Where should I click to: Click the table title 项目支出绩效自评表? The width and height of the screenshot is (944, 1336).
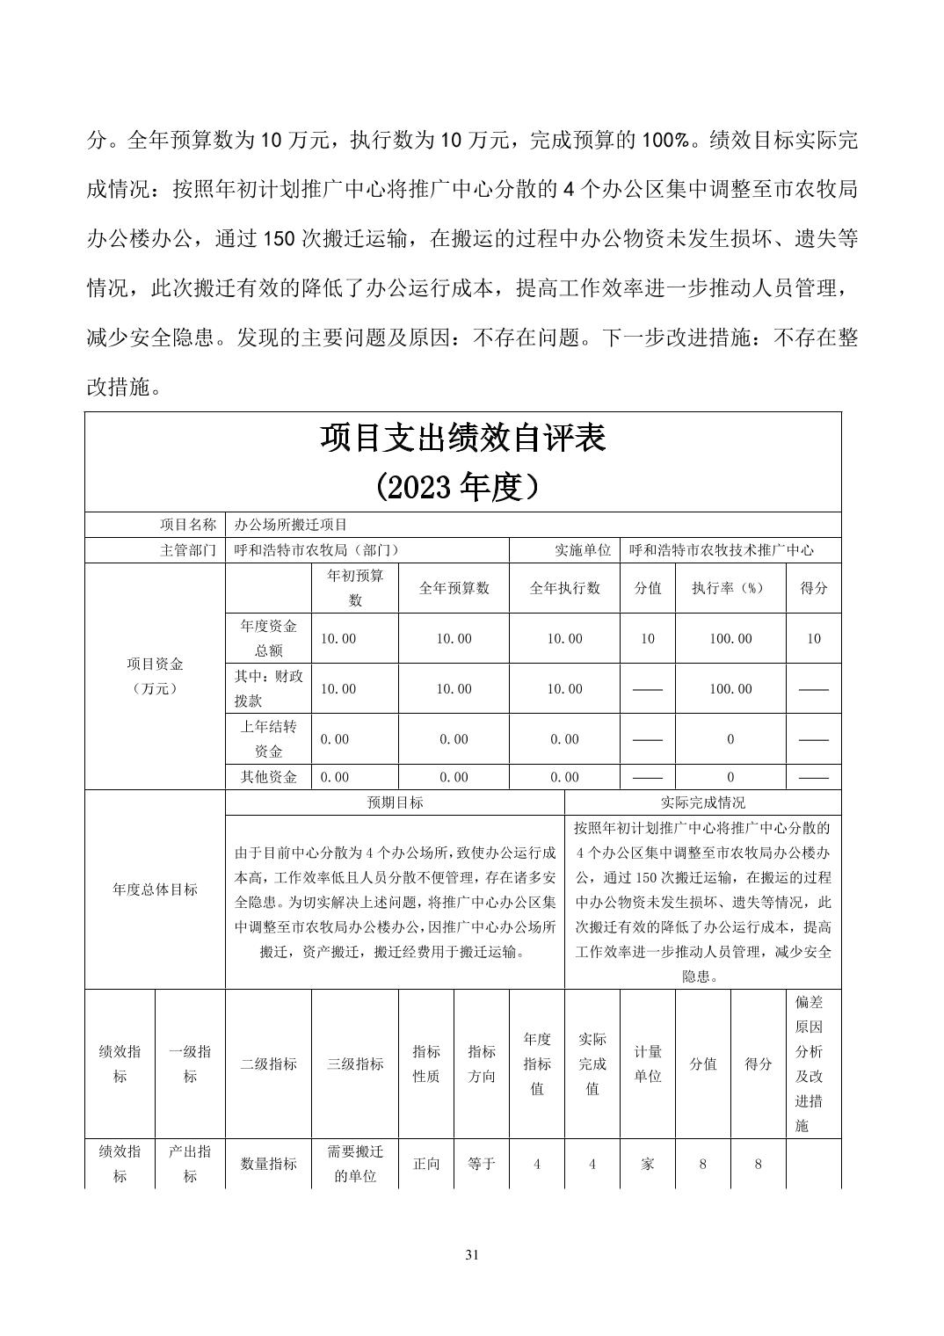pyautogui.click(x=462, y=438)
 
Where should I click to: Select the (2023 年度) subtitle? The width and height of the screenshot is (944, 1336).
pyautogui.click(x=462, y=486)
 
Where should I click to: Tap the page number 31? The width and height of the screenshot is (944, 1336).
pyautogui.click(x=472, y=1255)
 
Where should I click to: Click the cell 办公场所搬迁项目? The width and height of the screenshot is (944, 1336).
pyautogui.click(x=291, y=525)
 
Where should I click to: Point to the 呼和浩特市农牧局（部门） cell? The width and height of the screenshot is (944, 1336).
pyautogui.click(x=317, y=550)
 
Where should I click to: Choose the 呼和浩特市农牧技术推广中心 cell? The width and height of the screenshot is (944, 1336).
pyautogui.click(x=722, y=550)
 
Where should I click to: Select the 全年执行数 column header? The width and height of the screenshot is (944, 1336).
pyautogui.click(x=564, y=588)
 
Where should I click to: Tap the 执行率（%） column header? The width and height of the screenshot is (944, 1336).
pyautogui.click(x=730, y=588)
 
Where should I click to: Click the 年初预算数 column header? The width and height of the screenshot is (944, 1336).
pyautogui.click(x=355, y=588)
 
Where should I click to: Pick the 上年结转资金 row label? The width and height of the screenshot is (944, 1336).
pyautogui.click(x=269, y=739)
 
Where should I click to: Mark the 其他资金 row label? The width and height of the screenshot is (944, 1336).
pyautogui.click(x=269, y=777)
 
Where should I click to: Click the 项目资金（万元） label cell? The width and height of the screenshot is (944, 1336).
pyautogui.click(x=155, y=676)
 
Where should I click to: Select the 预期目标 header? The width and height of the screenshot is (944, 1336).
pyautogui.click(x=395, y=802)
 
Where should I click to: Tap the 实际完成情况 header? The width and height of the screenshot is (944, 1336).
pyautogui.click(x=702, y=802)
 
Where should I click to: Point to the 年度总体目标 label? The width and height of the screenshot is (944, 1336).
pyautogui.click(x=155, y=889)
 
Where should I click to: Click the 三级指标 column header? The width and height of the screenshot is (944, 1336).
pyautogui.click(x=355, y=1064)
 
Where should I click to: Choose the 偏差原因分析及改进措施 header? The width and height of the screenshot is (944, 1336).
pyautogui.click(x=812, y=1064)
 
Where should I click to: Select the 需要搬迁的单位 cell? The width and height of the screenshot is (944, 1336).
pyautogui.click(x=355, y=1164)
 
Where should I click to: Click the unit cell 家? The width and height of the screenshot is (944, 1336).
pyautogui.click(x=648, y=1164)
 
